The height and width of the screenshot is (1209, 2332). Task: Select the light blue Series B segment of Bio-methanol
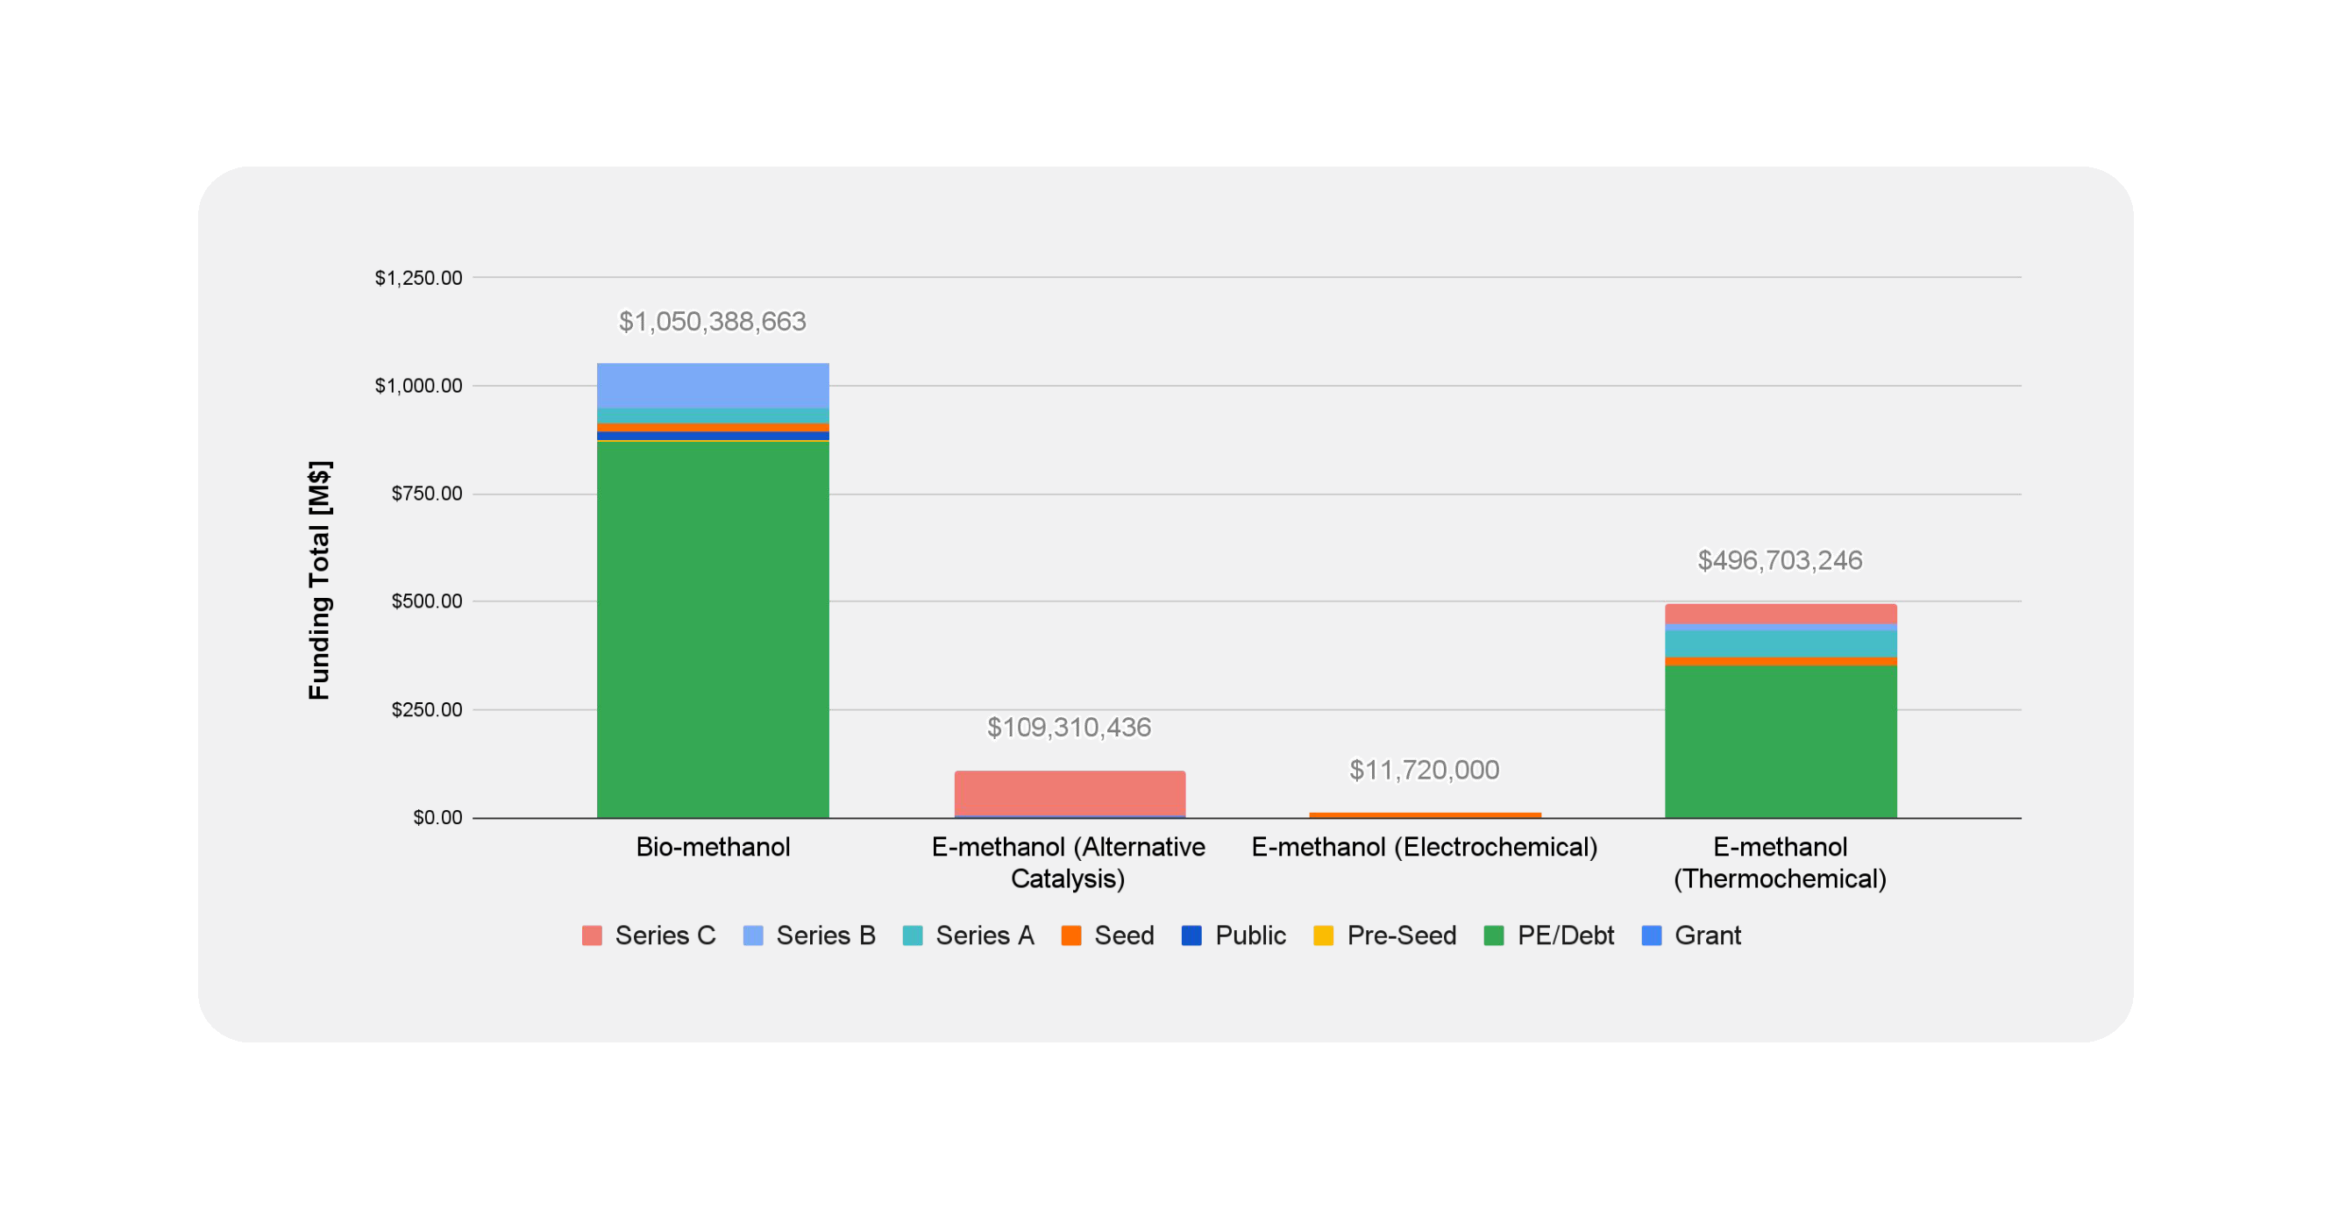click(x=713, y=385)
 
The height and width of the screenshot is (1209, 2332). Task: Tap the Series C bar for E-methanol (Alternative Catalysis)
click(x=1070, y=793)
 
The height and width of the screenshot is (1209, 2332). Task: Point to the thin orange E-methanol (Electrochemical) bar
click(x=1425, y=815)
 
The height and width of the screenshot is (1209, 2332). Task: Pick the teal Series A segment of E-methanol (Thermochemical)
click(x=1780, y=643)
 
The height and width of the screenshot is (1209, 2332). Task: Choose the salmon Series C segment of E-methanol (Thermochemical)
click(x=1780, y=613)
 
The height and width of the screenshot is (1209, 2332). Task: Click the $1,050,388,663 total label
click(x=713, y=322)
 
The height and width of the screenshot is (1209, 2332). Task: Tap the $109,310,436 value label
click(x=1070, y=727)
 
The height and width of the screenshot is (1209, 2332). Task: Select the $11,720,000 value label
click(x=1424, y=770)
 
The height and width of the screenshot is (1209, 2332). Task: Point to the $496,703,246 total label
click(x=1780, y=560)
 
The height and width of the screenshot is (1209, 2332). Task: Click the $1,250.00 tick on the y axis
click(x=418, y=278)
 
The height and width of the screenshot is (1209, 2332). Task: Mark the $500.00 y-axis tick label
click(x=426, y=601)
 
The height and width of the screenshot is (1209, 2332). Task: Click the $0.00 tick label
click(x=437, y=818)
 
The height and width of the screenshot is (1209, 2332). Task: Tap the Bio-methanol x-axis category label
click(x=713, y=847)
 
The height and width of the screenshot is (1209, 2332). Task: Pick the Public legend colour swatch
click(x=1191, y=935)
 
